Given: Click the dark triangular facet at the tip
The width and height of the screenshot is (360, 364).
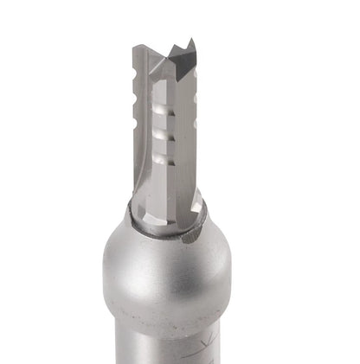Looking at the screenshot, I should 183,54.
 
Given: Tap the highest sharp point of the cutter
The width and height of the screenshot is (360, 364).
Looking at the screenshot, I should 192,38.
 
